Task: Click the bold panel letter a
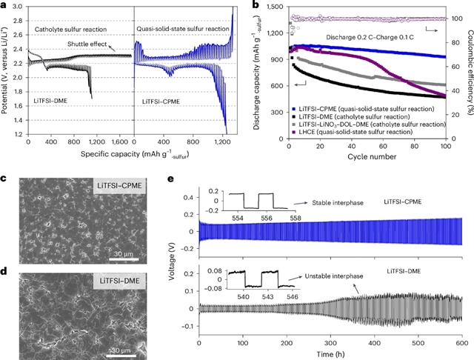4,6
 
